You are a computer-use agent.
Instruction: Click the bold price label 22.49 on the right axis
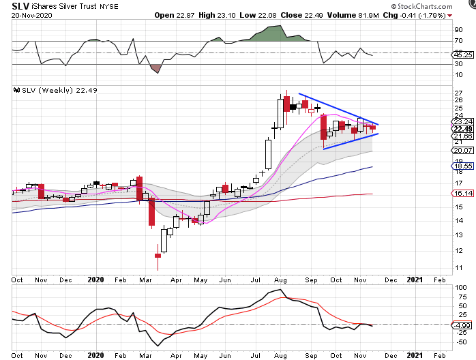pyautogui.click(x=461, y=129)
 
